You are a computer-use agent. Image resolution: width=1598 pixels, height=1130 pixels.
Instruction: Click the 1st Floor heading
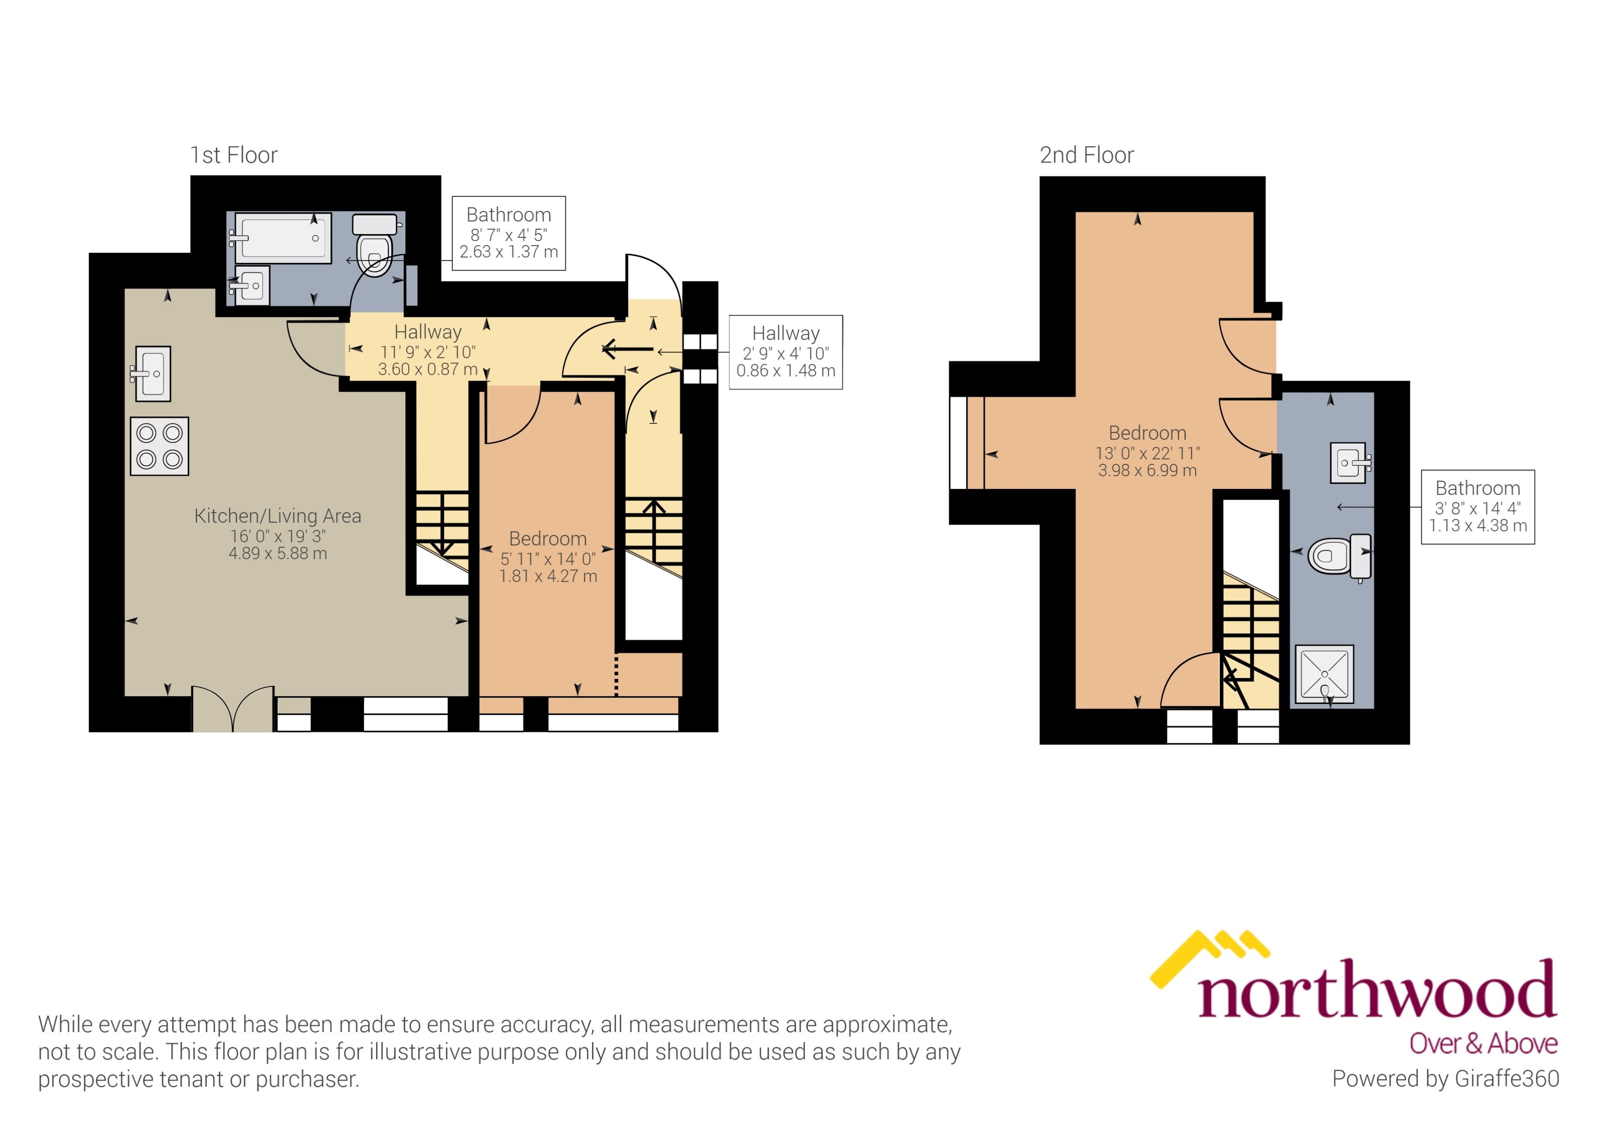click(234, 155)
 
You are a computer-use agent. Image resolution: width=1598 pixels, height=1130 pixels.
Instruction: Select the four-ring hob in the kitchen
click(159, 446)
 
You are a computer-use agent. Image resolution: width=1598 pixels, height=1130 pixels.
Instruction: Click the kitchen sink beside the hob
click(152, 373)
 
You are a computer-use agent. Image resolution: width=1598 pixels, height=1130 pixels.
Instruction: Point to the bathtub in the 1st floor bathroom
click(283, 238)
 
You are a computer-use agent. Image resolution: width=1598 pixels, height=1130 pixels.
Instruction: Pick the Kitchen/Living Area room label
click(278, 515)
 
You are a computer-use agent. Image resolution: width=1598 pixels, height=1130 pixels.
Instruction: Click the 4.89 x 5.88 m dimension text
click(278, 554)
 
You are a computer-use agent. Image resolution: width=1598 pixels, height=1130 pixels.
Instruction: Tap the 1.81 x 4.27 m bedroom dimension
click(548, 576)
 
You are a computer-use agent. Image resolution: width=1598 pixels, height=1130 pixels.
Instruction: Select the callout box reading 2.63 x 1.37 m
click(509, 233)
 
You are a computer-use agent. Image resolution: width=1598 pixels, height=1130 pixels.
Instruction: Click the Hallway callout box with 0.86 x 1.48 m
click(786, 352)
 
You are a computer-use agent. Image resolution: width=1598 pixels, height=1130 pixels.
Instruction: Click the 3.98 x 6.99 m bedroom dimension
click(1147, 471)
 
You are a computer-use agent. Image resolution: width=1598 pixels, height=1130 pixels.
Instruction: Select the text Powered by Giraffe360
click(1445, 1078)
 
